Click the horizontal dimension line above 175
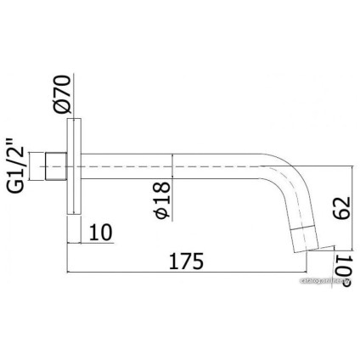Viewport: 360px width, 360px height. (x=195, y=273)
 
